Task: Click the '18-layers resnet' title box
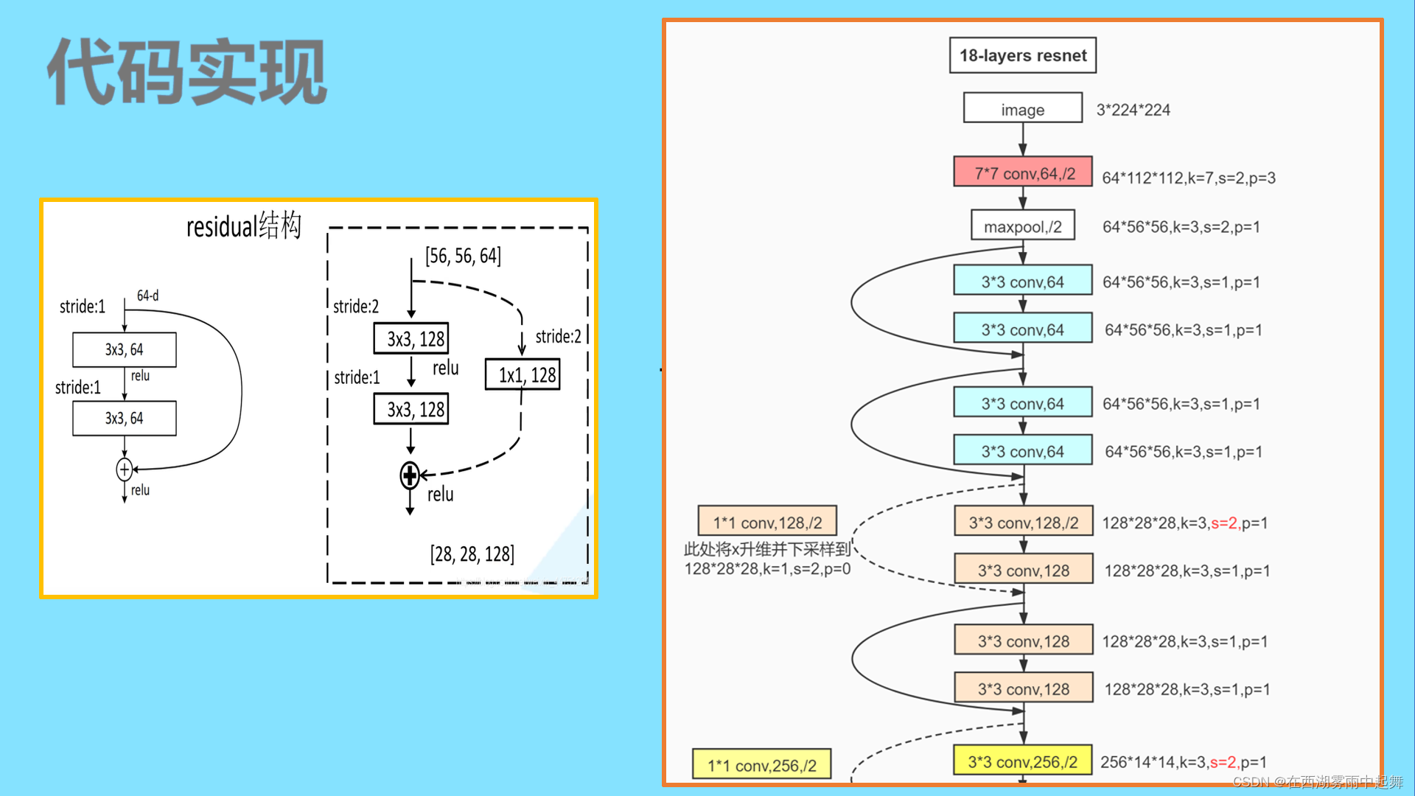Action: (x=1022, y=55)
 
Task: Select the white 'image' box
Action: (x=1022, y=109)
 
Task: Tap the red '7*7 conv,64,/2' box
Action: (x=1022, y=172)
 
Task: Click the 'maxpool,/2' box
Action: (x=1022, y=226)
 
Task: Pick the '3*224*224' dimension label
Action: (x=1133, y=110)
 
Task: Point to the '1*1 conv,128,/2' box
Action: (x=766, y=522)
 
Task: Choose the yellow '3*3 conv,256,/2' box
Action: (x=1022, y=761)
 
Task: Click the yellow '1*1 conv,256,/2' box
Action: (x=761, y=765)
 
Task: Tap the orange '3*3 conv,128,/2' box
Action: (x=1022, y=522)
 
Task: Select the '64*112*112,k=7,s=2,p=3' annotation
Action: (x=1188, y=178)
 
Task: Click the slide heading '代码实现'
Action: (x=187, y=72)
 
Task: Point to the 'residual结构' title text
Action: (x=243, y=226)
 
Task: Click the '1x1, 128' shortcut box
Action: (x=523, y=374)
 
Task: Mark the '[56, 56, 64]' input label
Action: (x=463, y=256)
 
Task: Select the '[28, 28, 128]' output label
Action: (x=472, y=554)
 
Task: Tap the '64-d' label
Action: (x=147, y=296)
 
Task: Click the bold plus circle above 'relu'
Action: (x=410, y=475)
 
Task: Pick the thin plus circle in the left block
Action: (x=125, y=469)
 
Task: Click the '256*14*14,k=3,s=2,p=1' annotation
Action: (x=1183, y=762)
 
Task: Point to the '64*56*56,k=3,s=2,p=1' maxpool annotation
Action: (x=1181, y=226)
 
